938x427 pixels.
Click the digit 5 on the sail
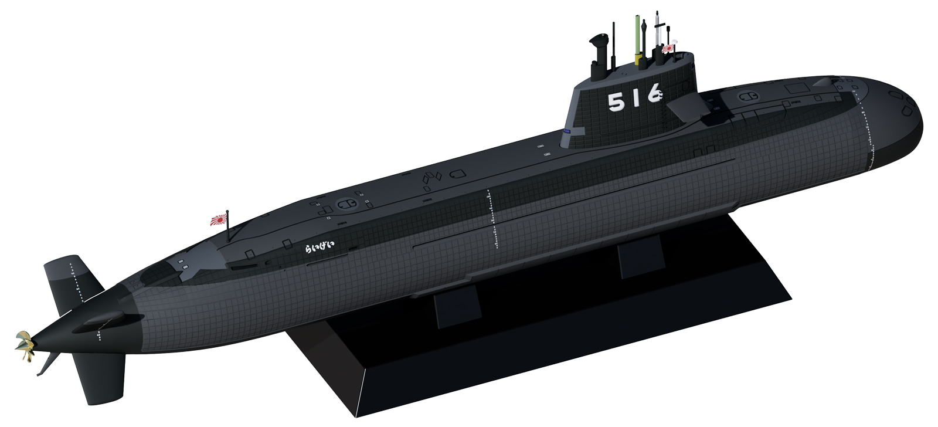[x=616, y=103]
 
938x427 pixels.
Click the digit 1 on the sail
[x=635, y=98]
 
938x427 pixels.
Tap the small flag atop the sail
[x=668, y=49]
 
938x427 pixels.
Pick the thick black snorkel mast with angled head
[x=599, y=55]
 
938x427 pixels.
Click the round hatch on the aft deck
[x=346, y=203]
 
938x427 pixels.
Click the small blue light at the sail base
[x=567, y=133]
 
